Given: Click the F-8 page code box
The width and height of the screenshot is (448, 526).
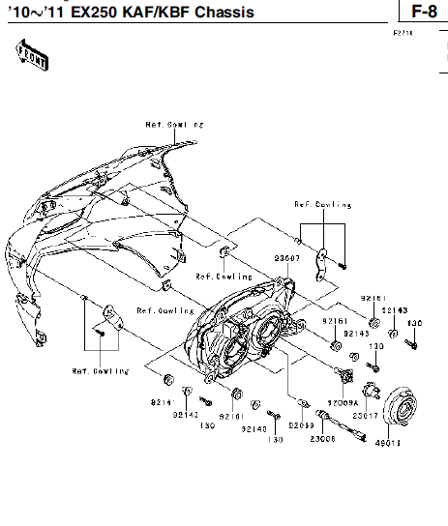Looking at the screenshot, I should point(422,12).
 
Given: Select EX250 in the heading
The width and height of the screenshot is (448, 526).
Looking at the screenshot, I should point(81,13).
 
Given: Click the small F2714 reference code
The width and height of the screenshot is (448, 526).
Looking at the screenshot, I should point(403,33).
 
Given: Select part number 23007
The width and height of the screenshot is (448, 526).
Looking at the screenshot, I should point(286,258).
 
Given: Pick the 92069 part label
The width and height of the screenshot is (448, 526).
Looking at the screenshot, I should point(300,424).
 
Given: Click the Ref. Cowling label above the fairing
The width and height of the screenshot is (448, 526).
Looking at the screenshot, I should point(175,125).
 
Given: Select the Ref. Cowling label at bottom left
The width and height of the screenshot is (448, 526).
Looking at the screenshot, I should point(100,370).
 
